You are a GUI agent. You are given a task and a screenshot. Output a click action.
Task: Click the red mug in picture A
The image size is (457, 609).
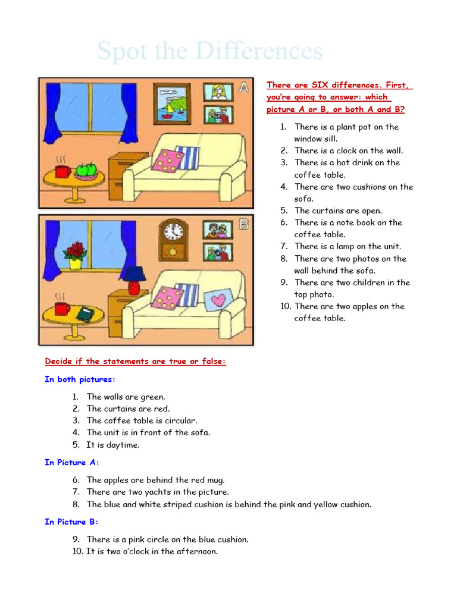pos(62,171)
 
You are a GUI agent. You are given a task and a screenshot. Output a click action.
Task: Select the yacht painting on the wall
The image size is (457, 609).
pos(172,104)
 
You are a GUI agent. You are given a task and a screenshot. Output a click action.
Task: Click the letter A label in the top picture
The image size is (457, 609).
pos(243,87)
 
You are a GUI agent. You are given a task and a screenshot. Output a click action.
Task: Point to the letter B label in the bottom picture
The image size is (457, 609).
pos(243,225)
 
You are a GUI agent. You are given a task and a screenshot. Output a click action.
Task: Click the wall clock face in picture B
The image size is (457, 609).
pos(172,231)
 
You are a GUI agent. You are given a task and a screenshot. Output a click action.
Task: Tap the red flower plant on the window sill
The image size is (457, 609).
pos(75,252)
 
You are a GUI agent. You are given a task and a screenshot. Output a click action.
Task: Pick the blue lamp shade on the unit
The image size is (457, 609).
pos(136,274)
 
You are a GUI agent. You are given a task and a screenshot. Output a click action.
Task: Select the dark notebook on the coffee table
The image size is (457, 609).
pos(86,313)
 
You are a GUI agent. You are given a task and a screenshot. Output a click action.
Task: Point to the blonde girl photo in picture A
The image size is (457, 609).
pos(218,92)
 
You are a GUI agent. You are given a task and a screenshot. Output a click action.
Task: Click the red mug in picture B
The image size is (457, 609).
pos(62,308)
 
